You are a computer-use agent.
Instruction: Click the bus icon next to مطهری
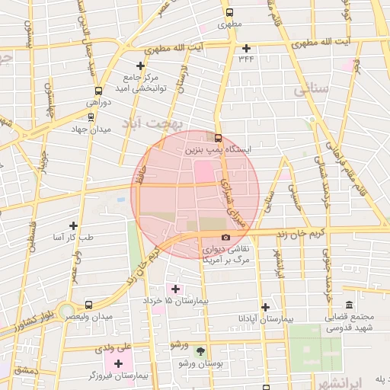229,12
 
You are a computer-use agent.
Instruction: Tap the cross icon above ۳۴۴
246,48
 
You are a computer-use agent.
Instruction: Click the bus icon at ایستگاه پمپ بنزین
219,139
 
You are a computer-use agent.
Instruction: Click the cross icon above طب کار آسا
73,225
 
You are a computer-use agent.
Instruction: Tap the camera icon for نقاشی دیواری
225,238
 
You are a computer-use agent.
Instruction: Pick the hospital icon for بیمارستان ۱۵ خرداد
176,289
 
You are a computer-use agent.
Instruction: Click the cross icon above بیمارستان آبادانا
264,307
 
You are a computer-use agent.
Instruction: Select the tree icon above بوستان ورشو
200,351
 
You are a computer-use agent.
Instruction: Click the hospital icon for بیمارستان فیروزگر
117,363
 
